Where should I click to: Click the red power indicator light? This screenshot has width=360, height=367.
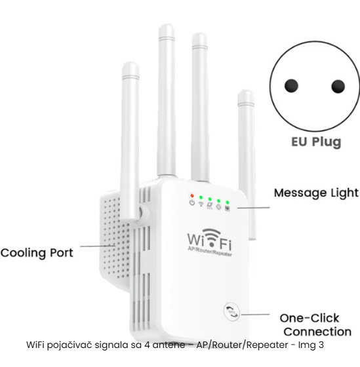[x=192, y=195]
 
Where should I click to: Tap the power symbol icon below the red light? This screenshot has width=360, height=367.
[x=192, y=203]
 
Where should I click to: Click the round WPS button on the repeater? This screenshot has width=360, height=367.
[x=232, y=312]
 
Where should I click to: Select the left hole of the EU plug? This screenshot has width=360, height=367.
[x=291, y=86]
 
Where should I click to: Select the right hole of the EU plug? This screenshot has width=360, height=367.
[x=338, y=86]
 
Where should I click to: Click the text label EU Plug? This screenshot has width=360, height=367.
[x=316, y=142]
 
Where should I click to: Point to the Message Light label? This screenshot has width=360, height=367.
[x=316, y=193]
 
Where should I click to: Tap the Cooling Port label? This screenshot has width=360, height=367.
[x=37, y=253]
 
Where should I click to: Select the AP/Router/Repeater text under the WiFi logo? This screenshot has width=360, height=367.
[x=210, y=252]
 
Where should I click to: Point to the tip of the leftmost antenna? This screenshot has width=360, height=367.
[x=130, y=63]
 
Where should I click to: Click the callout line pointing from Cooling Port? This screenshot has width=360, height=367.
[x=98, y=246]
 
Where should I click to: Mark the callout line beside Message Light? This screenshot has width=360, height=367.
[x=253, y=208]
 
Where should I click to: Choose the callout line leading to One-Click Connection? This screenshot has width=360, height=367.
[x=256, y=315]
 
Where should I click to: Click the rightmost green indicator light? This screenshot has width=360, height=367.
[x=227, y=203]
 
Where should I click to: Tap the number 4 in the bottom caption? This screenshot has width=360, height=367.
[x=147, y=345]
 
